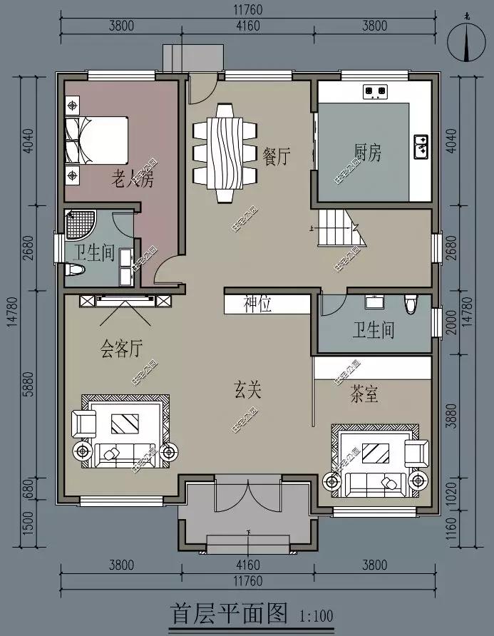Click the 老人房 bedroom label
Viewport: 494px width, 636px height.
point(132,179)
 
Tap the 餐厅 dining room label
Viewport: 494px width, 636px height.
point(277,157)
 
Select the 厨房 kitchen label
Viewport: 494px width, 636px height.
point(368,152)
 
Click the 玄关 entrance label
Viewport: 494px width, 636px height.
point(248,390)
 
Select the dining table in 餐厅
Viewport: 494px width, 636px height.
point(224,151)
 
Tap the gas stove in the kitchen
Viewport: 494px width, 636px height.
point(375,91)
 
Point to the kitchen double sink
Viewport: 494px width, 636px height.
point(421,145)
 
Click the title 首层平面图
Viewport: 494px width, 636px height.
point(228,612)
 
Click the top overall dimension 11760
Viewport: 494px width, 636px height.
point(247,9)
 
